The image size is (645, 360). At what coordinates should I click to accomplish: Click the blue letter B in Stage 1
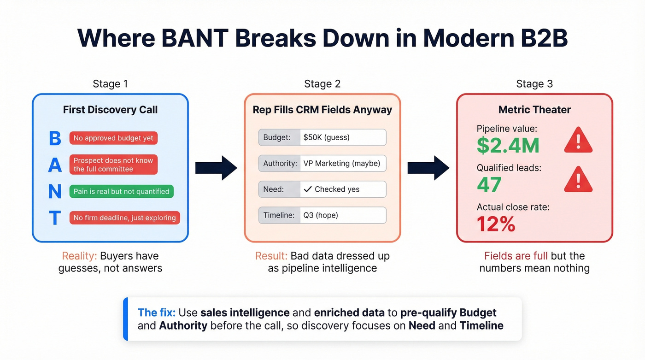click(55, 138)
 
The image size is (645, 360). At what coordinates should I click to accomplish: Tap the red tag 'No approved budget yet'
click(113, 138)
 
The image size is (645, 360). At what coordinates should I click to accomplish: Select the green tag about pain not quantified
click(122, 191)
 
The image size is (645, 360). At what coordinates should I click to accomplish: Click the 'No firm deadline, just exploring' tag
click(124, 218)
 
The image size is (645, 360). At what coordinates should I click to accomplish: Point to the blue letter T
click(55, 218)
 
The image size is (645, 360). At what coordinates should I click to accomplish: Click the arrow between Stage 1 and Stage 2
click(216, 168)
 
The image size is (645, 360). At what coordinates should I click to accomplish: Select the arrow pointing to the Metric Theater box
click(428, 168)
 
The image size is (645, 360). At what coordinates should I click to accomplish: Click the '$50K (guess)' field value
click(326, 137)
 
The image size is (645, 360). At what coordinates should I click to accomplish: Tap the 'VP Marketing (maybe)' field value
click(341, 163)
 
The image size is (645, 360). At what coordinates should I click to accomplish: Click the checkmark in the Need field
click(308, 189)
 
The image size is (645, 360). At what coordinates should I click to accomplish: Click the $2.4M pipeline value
click(508, 145)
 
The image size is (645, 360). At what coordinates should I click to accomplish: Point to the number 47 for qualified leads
click(489, 185)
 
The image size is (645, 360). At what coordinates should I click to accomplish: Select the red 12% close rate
click(496, 224)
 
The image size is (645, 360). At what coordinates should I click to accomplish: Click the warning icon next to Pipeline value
click(578, 140)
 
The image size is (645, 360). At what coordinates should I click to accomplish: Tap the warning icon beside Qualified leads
click(578, 179)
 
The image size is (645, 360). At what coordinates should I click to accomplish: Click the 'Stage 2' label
click(322, 84)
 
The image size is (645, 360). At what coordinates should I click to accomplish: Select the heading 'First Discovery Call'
click(110, 110)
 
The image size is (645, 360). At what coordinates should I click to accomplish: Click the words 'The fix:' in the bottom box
click(157, 313)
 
